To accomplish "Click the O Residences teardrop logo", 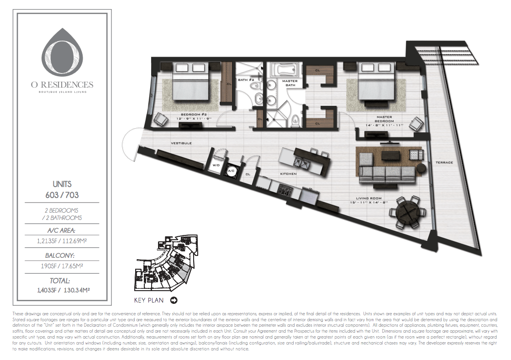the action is [62, 52].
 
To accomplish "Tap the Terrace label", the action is [444, 162].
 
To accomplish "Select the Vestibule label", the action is [181, 143].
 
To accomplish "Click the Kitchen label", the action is [288, 174].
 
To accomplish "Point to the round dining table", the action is [408, 212].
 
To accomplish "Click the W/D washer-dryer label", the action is [216, 165].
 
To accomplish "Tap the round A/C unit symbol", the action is [231, 171].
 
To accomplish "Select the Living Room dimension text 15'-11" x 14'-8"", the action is [368, 202].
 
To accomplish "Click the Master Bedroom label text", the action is [384, 119].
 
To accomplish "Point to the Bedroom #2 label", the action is [194, 115].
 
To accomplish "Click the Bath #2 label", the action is [246, 80].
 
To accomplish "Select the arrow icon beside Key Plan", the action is [174, 300].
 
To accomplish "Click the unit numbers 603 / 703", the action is [62, 195].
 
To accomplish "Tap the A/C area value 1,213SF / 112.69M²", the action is [62, 241].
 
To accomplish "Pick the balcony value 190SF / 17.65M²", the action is [62, 266].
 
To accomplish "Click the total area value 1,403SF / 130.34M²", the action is [63, 290].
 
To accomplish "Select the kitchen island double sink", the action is [302, 162].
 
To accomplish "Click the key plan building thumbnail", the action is [166, 263].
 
